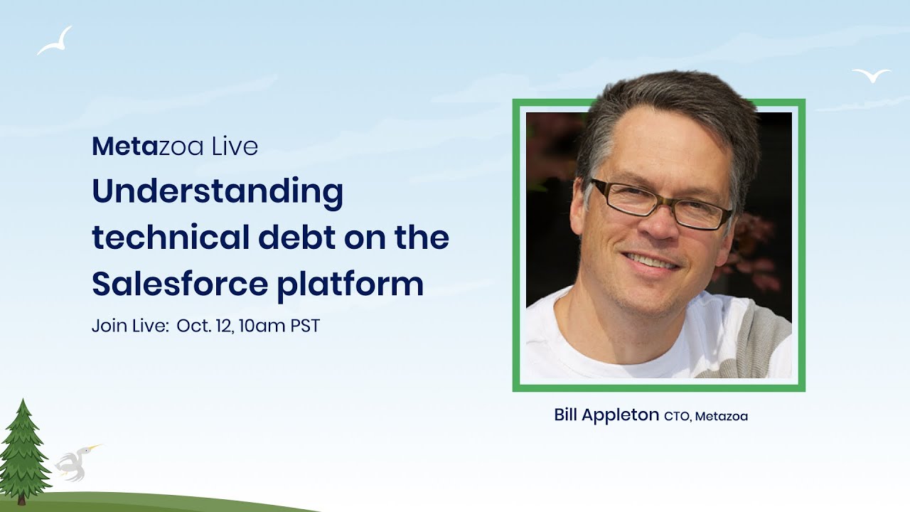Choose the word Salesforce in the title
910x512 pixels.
(x=178, y=284)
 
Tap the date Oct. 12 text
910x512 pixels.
(x=205, y=326)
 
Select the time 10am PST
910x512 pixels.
(x=279, y=326)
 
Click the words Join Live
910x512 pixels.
(x=130, y=326)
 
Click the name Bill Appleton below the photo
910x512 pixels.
(x=606, y=415)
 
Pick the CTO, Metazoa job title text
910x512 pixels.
(x=706, y=417)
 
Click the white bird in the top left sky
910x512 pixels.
(x=55, y=42)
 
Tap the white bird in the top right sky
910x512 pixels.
(x=871, y=75)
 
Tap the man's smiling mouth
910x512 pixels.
(x=651, y=262)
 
